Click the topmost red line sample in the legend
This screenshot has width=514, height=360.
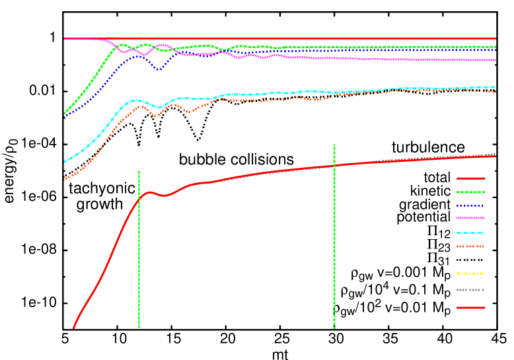(x=470, y=178)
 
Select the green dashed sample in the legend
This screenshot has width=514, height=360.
(x=470, y=192)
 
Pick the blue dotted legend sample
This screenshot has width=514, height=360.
(x=470, y=206)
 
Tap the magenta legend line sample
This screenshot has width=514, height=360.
(x=470, y=218)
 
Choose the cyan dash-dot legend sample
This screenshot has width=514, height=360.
(x=470, y=233)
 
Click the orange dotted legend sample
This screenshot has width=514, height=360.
(x=470, y=246)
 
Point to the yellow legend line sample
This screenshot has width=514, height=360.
(x=470, y=273)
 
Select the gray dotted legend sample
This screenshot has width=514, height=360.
(x=470, y=290)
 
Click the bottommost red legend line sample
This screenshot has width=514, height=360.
(x=470, y=308)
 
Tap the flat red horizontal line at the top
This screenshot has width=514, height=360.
(x=277, y=38)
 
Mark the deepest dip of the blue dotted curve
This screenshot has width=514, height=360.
(x=159, y=69)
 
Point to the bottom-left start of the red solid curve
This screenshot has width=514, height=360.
(x=73, y=327)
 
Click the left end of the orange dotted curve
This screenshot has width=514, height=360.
(x=65, y=179)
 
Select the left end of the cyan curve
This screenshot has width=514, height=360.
(x=65, y=161)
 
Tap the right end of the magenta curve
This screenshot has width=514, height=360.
(x=495, y=60)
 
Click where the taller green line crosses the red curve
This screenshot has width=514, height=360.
(x=334, y=165)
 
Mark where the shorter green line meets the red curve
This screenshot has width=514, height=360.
(x=139, y=198)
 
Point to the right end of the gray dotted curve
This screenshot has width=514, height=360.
(x=494, y=154)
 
